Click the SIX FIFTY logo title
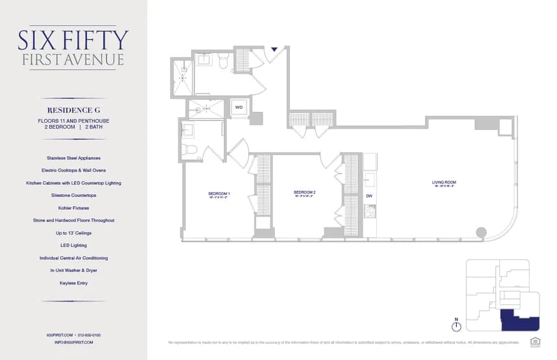coord(73,40)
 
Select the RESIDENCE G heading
coord(73,110)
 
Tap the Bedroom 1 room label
coord(219,194)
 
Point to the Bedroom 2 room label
coord(304,192)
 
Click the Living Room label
coord(444,183)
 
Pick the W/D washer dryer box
coord(239,107)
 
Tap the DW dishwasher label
coord(369,196)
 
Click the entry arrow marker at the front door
coord(274,49)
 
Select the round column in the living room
coord(481,232)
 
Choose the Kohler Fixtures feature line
coord(73,208)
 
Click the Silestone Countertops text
coord(73,195)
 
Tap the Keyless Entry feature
coord(73,283)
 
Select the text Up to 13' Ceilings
coord(73,233)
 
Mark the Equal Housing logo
coord(536,341)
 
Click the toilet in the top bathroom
coord(223,62)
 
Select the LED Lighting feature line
coord(73,246)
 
